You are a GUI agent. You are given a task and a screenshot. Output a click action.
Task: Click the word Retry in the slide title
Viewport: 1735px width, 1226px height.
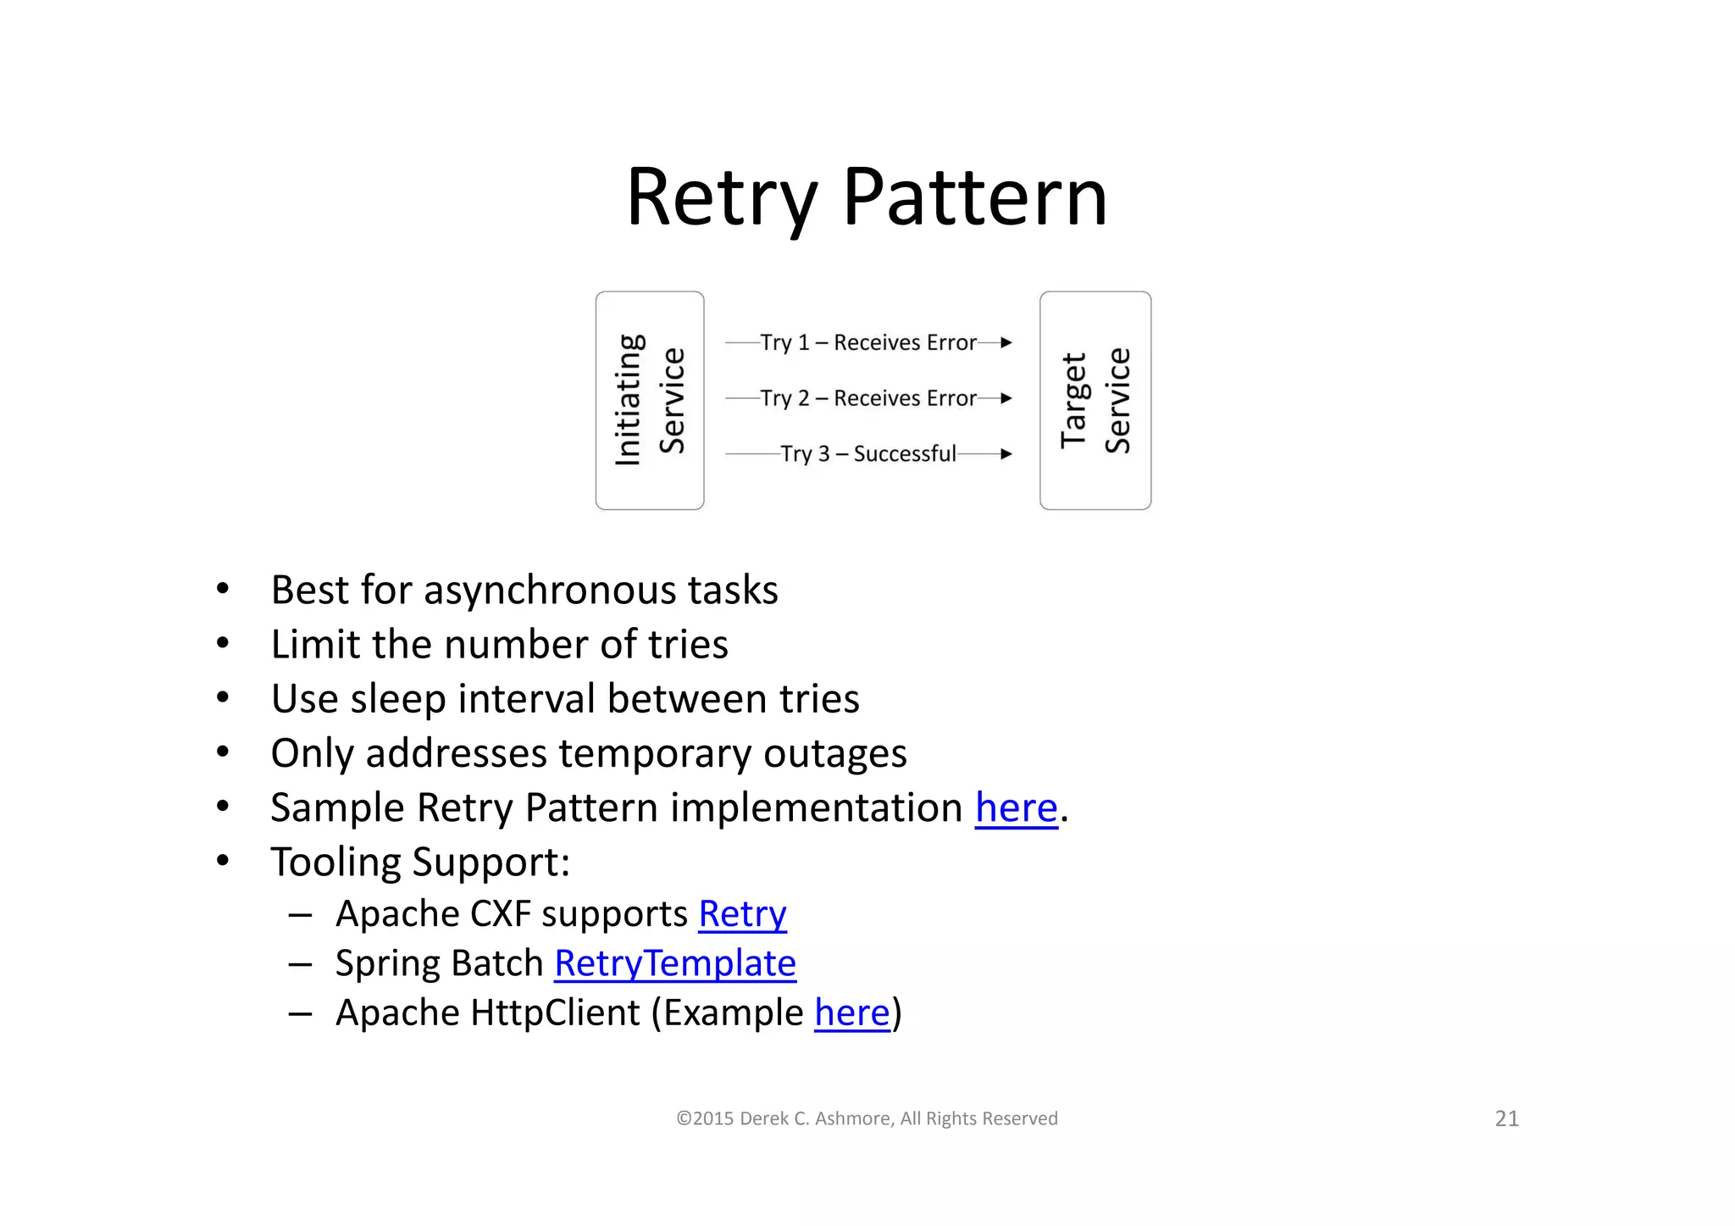pos(720,197)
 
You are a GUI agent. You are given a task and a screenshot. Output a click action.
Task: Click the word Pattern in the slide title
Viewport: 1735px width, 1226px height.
pos(975,197)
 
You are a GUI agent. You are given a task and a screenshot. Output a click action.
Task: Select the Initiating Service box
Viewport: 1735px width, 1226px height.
pos(650,400)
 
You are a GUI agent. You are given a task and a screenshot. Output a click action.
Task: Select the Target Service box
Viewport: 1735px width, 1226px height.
pos(1095,400)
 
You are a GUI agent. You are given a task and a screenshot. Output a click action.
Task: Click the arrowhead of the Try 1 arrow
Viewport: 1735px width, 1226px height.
pos(1006,343)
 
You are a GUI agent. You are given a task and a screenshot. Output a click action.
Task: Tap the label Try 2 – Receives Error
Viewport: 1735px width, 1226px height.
pos(868,398)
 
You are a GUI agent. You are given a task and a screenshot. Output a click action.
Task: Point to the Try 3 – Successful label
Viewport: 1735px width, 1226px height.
pos(868,454)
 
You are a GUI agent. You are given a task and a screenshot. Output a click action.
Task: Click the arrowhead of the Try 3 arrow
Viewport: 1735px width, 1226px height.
pos(1006,454)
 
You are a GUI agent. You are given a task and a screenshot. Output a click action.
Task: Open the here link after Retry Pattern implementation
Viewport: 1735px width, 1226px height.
pos(1016,808)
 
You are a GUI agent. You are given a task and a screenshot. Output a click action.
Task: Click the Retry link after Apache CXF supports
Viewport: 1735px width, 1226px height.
pos(742,915)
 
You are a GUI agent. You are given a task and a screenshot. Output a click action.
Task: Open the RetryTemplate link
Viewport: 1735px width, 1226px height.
pos(675,964)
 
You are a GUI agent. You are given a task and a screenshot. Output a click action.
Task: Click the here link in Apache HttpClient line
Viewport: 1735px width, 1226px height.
pos(851,1013)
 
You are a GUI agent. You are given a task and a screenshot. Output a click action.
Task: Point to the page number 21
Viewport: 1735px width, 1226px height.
pos(1506,1119)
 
